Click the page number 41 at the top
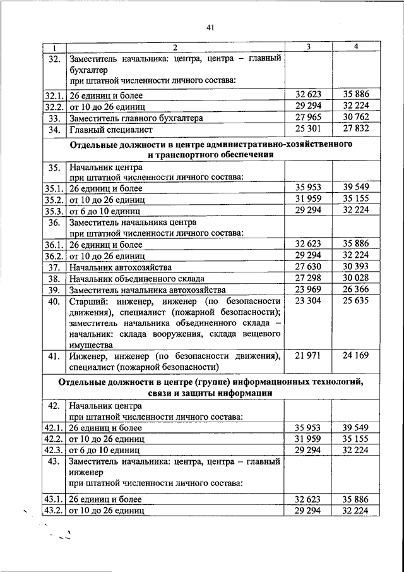(210, 27)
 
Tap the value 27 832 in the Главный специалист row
(355, 130)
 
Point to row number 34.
(54, 130)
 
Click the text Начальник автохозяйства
(116, 267)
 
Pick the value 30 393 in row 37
(355, 267)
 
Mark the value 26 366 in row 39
(355, 290)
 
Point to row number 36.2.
(54, 256)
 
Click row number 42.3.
(54, 451)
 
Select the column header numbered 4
(355, 48)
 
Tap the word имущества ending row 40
(91, 345)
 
